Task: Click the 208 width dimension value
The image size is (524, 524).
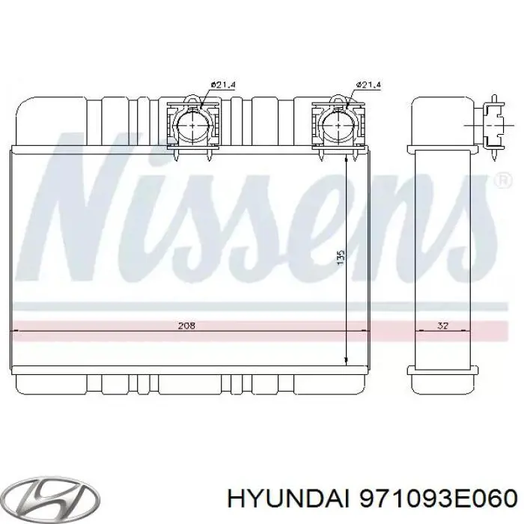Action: (186, 326)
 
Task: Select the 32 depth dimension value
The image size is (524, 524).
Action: (442, 326)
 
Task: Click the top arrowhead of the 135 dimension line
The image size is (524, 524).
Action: (347, 159)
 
